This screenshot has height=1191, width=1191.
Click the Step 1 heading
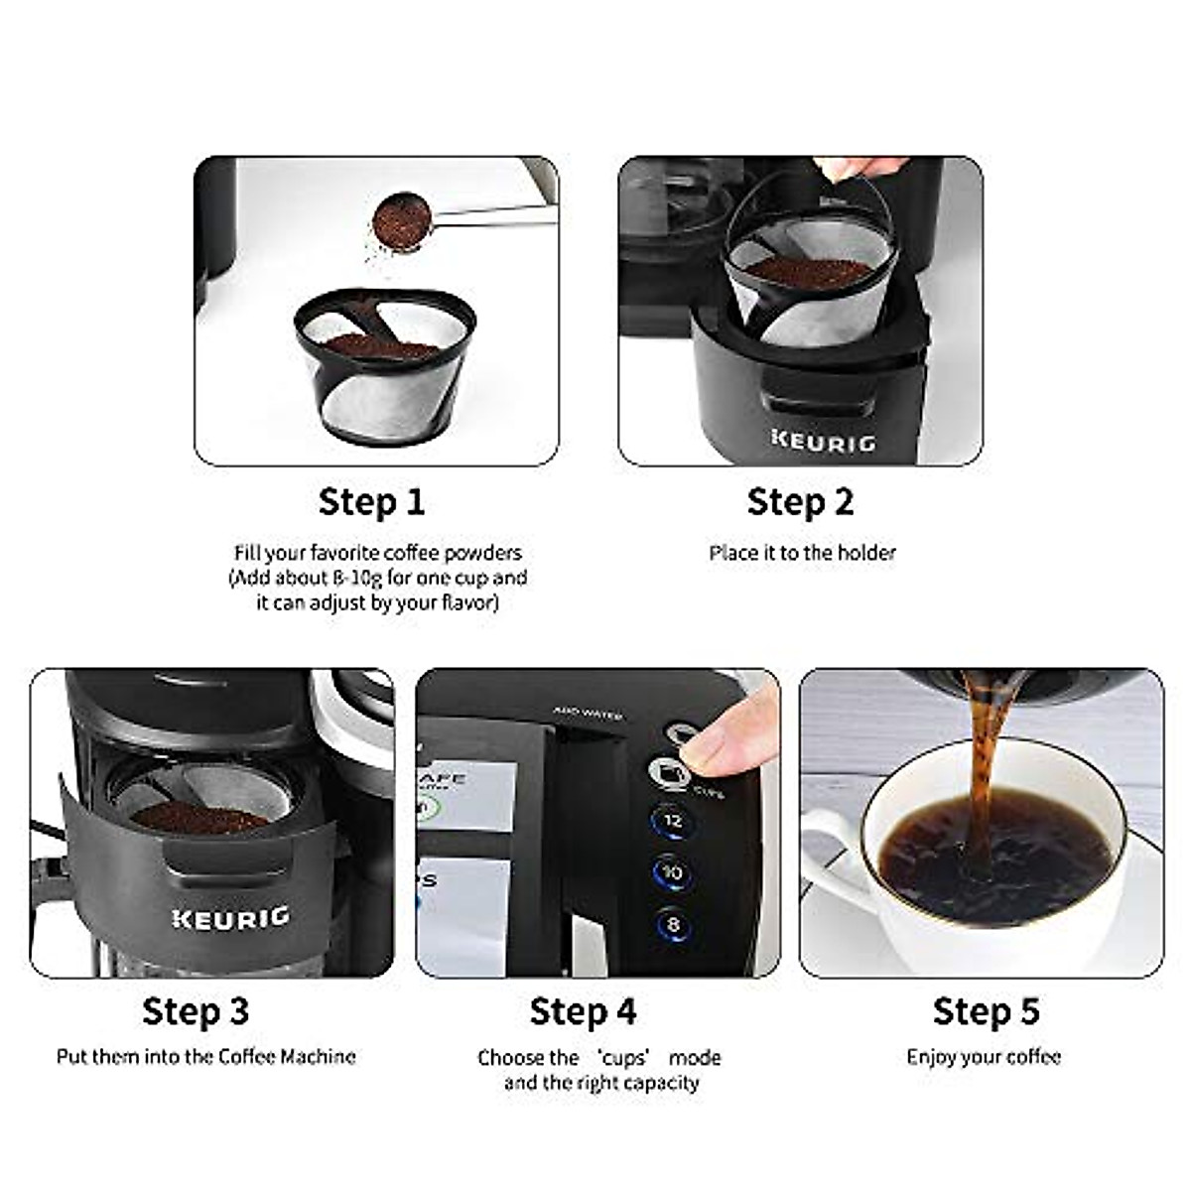pos(371,501)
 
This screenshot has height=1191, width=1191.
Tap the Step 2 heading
pos(800,501)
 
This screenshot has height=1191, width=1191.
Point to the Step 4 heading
pos(583,1011)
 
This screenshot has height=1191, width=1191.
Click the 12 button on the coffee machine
pos(673,821)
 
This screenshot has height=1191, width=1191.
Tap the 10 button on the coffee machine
pos(673,873)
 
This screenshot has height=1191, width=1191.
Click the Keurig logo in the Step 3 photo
pos(230,917)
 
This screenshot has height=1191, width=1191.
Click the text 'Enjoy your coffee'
pos(984,1057)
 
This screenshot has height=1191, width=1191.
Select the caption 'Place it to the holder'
pos(802,553)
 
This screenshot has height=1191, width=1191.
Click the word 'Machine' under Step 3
pos(317,1057)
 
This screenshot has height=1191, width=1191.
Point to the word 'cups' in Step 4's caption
pos(624,1058)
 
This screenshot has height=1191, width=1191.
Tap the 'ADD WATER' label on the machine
pos(588,713)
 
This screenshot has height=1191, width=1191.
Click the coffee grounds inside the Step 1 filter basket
pos(382,345)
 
